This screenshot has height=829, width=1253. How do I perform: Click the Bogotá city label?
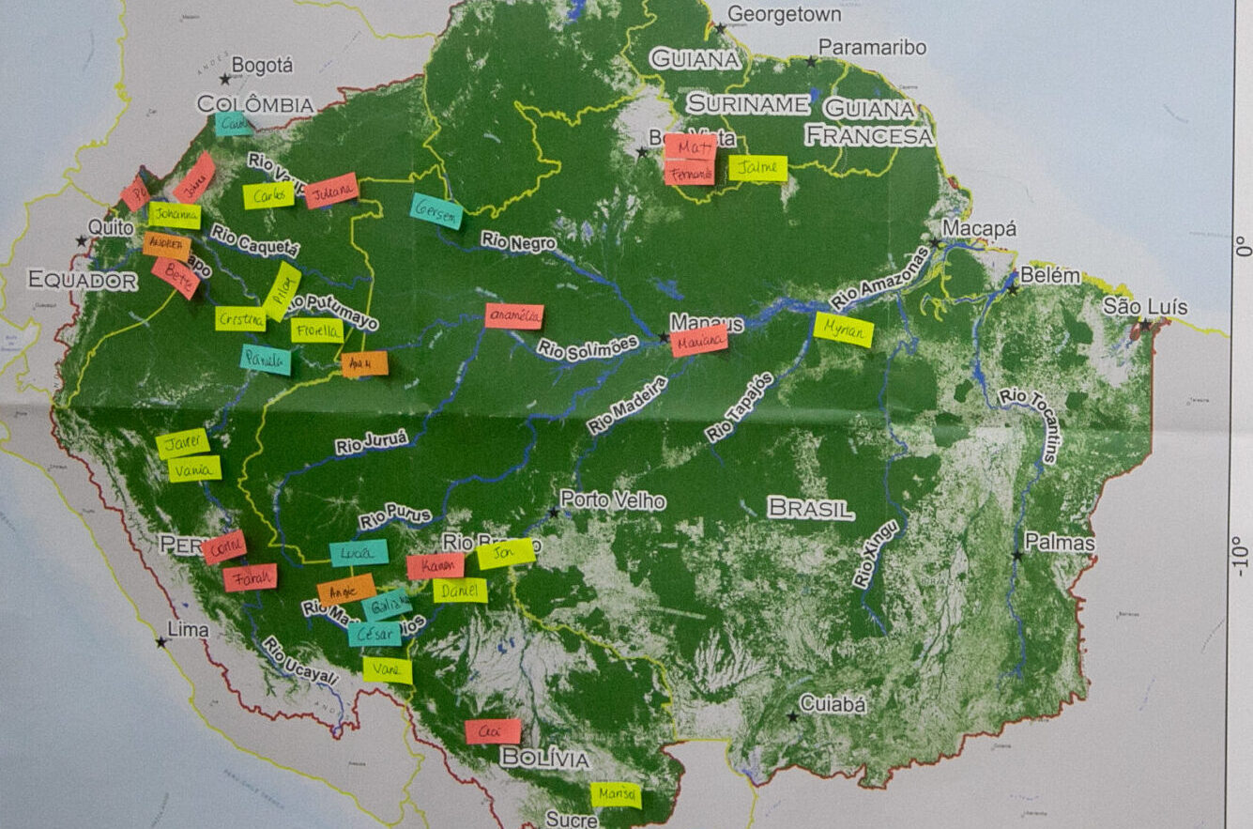(x=262, y=66)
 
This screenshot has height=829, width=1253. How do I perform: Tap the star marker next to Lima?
(x=161, y=642)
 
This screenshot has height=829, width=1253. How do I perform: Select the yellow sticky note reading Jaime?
(x=757, y=168)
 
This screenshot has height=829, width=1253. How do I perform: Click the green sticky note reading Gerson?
(x=437, y=210)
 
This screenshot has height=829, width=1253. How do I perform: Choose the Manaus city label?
(x=707, y=323)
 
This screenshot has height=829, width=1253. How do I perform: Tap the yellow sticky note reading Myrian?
(x=843, y=330)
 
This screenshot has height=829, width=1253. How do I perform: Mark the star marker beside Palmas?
(x=1017, y=556)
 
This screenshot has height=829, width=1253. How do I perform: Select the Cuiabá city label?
(x=833, y=704)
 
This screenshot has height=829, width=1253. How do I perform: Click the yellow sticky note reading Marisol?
(x=616, y=794)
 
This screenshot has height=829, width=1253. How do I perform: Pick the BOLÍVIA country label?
(x=545, y=759)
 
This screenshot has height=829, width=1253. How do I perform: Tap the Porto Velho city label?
(x=613, y=500)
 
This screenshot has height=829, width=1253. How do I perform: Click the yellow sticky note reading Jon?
(x=506, y=554)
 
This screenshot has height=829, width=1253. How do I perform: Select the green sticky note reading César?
(x=374, y=634)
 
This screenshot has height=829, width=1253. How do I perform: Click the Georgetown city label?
(x=784, y=14)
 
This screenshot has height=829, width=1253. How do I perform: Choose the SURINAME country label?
(x=747, y=103)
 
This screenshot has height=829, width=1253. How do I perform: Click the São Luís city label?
(x=1144, y=307)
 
